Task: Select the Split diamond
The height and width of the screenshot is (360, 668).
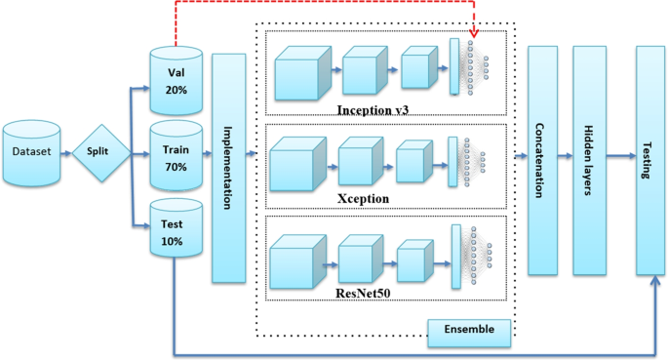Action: click(100, 153)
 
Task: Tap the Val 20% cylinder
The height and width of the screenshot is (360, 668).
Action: click(176, 77)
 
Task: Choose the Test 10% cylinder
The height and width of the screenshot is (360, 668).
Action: click(176, 229)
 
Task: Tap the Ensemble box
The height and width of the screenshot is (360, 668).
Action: click(469, 331)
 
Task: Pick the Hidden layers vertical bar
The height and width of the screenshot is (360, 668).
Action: click(588, 159)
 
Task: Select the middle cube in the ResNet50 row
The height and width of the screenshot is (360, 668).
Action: click(362, 258)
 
